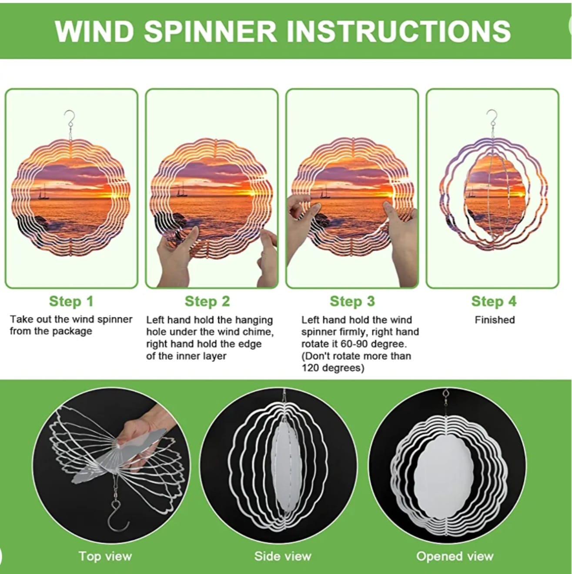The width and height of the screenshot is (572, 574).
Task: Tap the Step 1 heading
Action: coord(71,301)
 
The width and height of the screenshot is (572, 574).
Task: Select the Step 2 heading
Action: coord(207,301)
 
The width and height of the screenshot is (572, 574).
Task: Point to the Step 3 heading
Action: coord(352,301)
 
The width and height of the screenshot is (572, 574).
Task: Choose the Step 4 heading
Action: coord(494,301)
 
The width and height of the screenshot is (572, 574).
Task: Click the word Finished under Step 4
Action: coord(495,320)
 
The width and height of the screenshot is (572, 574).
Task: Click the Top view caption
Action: coord(105,556)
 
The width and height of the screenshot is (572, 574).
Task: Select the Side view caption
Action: coord(283,556)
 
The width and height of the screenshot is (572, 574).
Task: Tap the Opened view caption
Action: coord(455,556)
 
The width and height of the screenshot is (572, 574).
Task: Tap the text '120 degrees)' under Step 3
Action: coord(333,368)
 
